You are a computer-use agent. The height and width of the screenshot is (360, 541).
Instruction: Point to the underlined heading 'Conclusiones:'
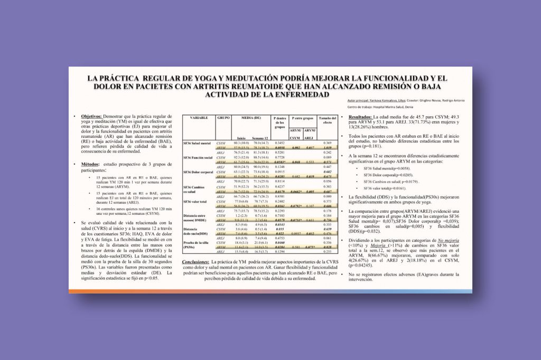pyautogui.click(x=195, y=262)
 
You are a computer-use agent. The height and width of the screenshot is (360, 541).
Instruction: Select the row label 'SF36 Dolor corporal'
pyautogui.click(x=199, y=172)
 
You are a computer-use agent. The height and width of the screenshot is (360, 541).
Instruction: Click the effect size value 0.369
pyautogui.click(x=328, y=143)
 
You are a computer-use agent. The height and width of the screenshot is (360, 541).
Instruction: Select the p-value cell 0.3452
pyautogui.click(x=278, y=143)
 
